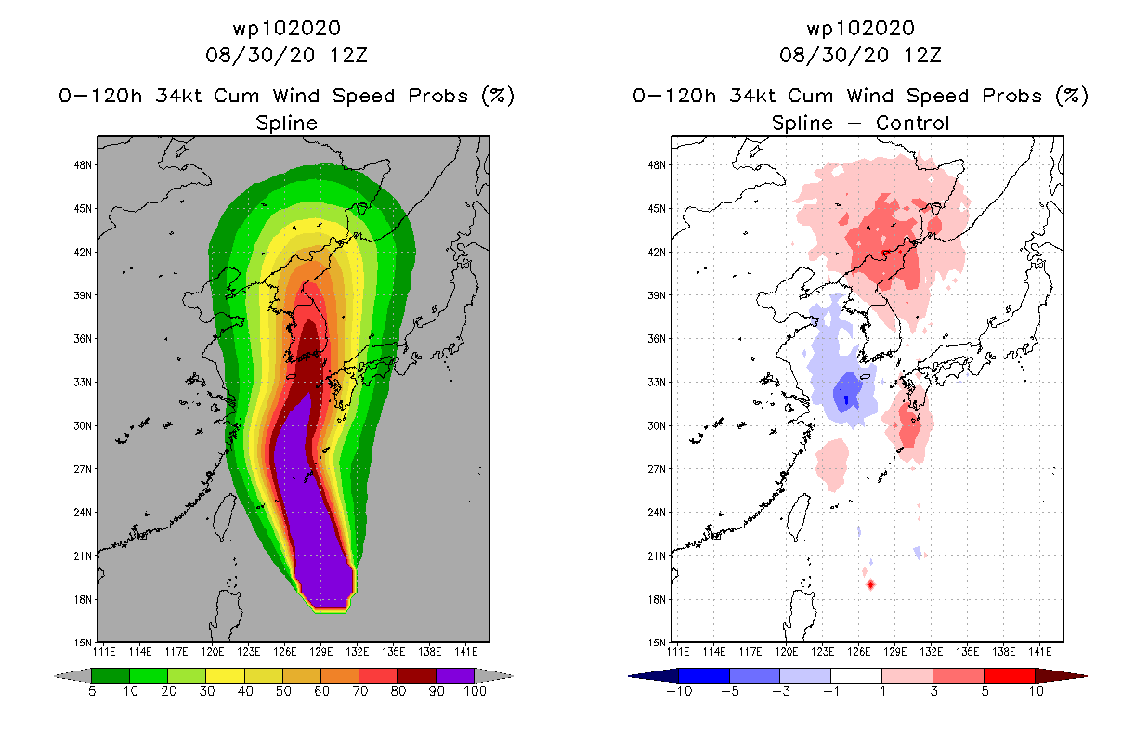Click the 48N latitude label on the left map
point(83,165)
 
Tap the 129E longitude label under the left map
point(320,652)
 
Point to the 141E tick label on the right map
point(1039,652)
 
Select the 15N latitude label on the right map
point(657,643)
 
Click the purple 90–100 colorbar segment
point(455,675)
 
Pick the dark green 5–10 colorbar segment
point(111,675)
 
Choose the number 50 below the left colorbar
point(283,691)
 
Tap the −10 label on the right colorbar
point(679,691)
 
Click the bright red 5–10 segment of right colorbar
point(1010,675)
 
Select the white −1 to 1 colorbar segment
point(856,675)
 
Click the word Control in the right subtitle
point(913,123)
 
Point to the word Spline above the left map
point(286,123)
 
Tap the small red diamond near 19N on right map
point(870,584)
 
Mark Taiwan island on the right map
point(799,517)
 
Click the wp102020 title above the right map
point(860,28)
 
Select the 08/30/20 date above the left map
point(260,55)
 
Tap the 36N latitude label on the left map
point(83,339)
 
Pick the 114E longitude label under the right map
point(714,652)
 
